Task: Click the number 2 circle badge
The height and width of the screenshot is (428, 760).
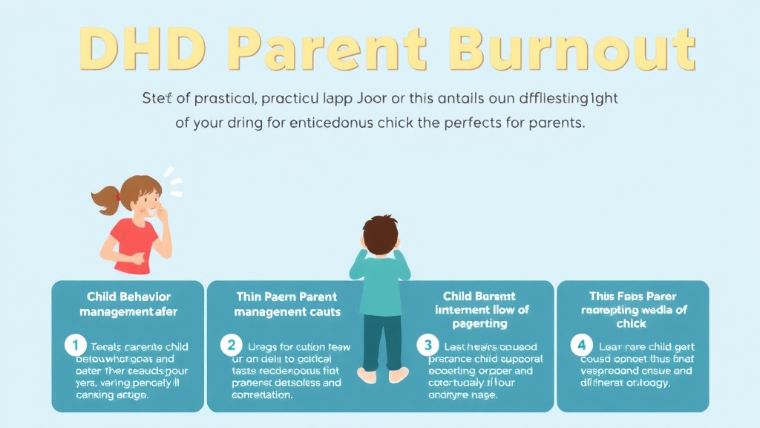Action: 231,345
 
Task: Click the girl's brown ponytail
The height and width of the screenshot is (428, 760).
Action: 104,198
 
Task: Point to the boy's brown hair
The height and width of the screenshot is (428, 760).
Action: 380,230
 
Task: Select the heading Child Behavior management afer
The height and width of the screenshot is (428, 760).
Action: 128,304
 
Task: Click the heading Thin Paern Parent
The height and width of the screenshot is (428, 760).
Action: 286,297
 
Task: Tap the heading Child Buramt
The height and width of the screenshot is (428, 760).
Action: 479,296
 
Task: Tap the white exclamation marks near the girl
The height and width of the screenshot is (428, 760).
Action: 172,177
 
